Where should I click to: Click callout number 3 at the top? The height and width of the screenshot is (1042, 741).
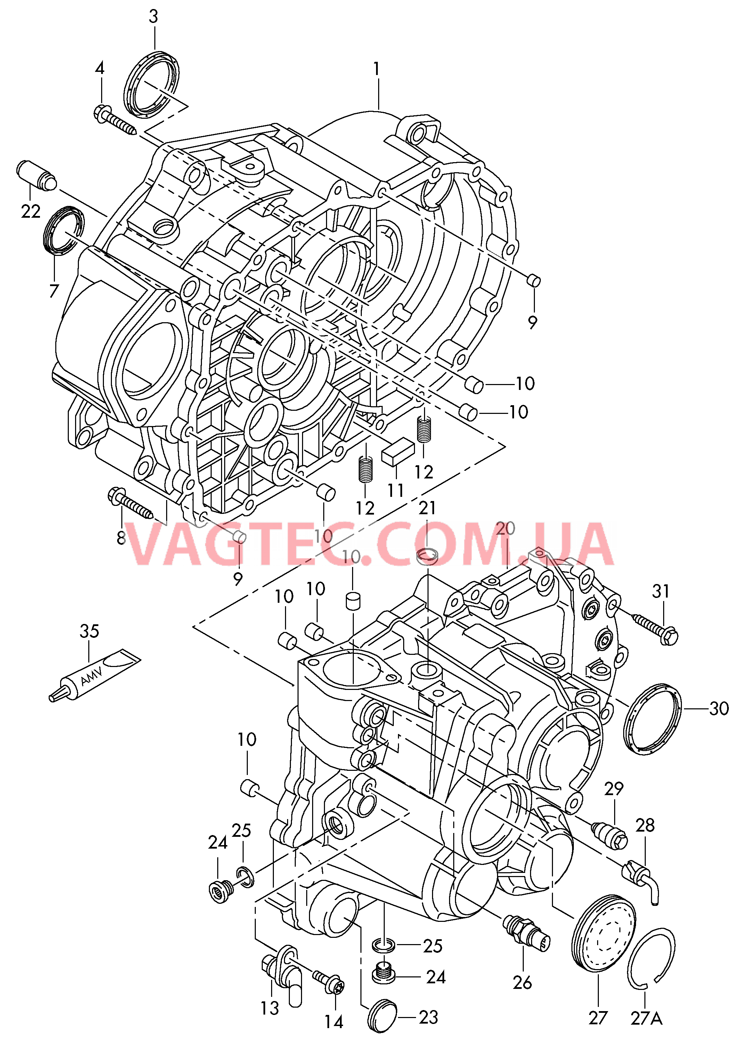click(x=153, y=17)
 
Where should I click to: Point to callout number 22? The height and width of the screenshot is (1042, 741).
click(x=31, y=211)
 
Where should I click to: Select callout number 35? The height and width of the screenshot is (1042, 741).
click(x=89, y=631)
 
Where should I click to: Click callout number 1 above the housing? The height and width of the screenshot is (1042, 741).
click(x=376, y=69)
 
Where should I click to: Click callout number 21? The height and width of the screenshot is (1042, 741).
click(x=427, y=508)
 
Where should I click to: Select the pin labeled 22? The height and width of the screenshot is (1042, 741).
click(x=37, y=175)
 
